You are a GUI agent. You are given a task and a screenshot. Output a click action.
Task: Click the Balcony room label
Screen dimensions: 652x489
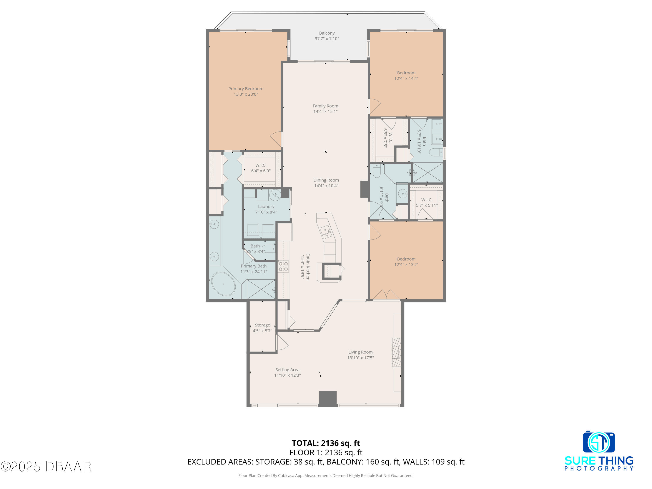(327, 33)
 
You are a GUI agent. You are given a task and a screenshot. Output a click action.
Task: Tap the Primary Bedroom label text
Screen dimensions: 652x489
(246, 89)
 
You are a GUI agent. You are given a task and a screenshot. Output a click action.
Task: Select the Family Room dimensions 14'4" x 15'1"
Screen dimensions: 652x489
(325, 111)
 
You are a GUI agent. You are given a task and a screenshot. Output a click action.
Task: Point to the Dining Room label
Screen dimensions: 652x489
(326, 180)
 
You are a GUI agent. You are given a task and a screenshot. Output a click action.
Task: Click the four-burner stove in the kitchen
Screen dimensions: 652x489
(283, 266)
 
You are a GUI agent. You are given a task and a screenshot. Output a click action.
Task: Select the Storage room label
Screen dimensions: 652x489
(262, 325)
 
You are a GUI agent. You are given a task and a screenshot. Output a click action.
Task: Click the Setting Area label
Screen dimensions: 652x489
(287, 370)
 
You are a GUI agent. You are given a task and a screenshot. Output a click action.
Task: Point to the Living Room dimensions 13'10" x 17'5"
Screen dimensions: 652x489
(361, 358)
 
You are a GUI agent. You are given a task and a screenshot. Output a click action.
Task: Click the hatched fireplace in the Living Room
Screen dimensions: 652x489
(397, 352)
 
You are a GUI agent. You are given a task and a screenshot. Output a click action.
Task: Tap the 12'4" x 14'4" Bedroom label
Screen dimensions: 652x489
(406, 75)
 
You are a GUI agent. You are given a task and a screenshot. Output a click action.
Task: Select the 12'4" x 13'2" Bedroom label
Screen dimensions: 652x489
(406, 262)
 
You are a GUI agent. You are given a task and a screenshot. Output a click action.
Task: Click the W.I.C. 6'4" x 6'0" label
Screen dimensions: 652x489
(261, 168)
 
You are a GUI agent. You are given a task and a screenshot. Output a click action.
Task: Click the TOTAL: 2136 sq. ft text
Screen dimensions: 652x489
(326, 443)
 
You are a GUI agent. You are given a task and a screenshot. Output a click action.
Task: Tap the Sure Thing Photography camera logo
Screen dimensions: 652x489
(599, 442)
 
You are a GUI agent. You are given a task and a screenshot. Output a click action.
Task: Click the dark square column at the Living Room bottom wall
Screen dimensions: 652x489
(328, 399)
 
